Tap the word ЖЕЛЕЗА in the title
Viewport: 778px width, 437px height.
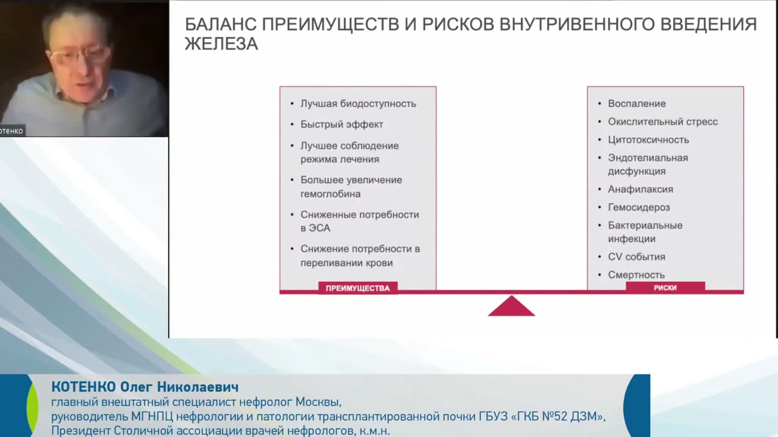[x=221, y=44]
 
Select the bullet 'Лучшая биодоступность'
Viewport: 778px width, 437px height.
[x=358, y=104]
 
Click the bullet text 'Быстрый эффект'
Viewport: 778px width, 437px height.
[x=342, y=124]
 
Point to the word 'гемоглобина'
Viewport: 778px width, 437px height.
[x=330, y=194]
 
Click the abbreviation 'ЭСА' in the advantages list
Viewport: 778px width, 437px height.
[x=315, y=228]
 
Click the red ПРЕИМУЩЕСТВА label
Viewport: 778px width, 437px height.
[x=357, y=288]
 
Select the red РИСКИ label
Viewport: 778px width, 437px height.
[x=665, y=288]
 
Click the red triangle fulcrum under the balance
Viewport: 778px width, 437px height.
[x=511, y=308]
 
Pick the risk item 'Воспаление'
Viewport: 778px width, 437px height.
[x=636, y=104]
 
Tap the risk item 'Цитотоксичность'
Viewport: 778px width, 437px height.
[x=648, y=140]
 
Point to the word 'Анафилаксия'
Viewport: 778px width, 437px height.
[x=640, y=189]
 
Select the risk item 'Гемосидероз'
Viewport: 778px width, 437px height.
[x=638, y=208]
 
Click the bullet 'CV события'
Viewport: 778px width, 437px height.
[x=636, y=257]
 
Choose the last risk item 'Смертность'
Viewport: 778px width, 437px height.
[x=636, y=275]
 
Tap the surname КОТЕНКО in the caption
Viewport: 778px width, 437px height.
[x=83, y=387]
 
